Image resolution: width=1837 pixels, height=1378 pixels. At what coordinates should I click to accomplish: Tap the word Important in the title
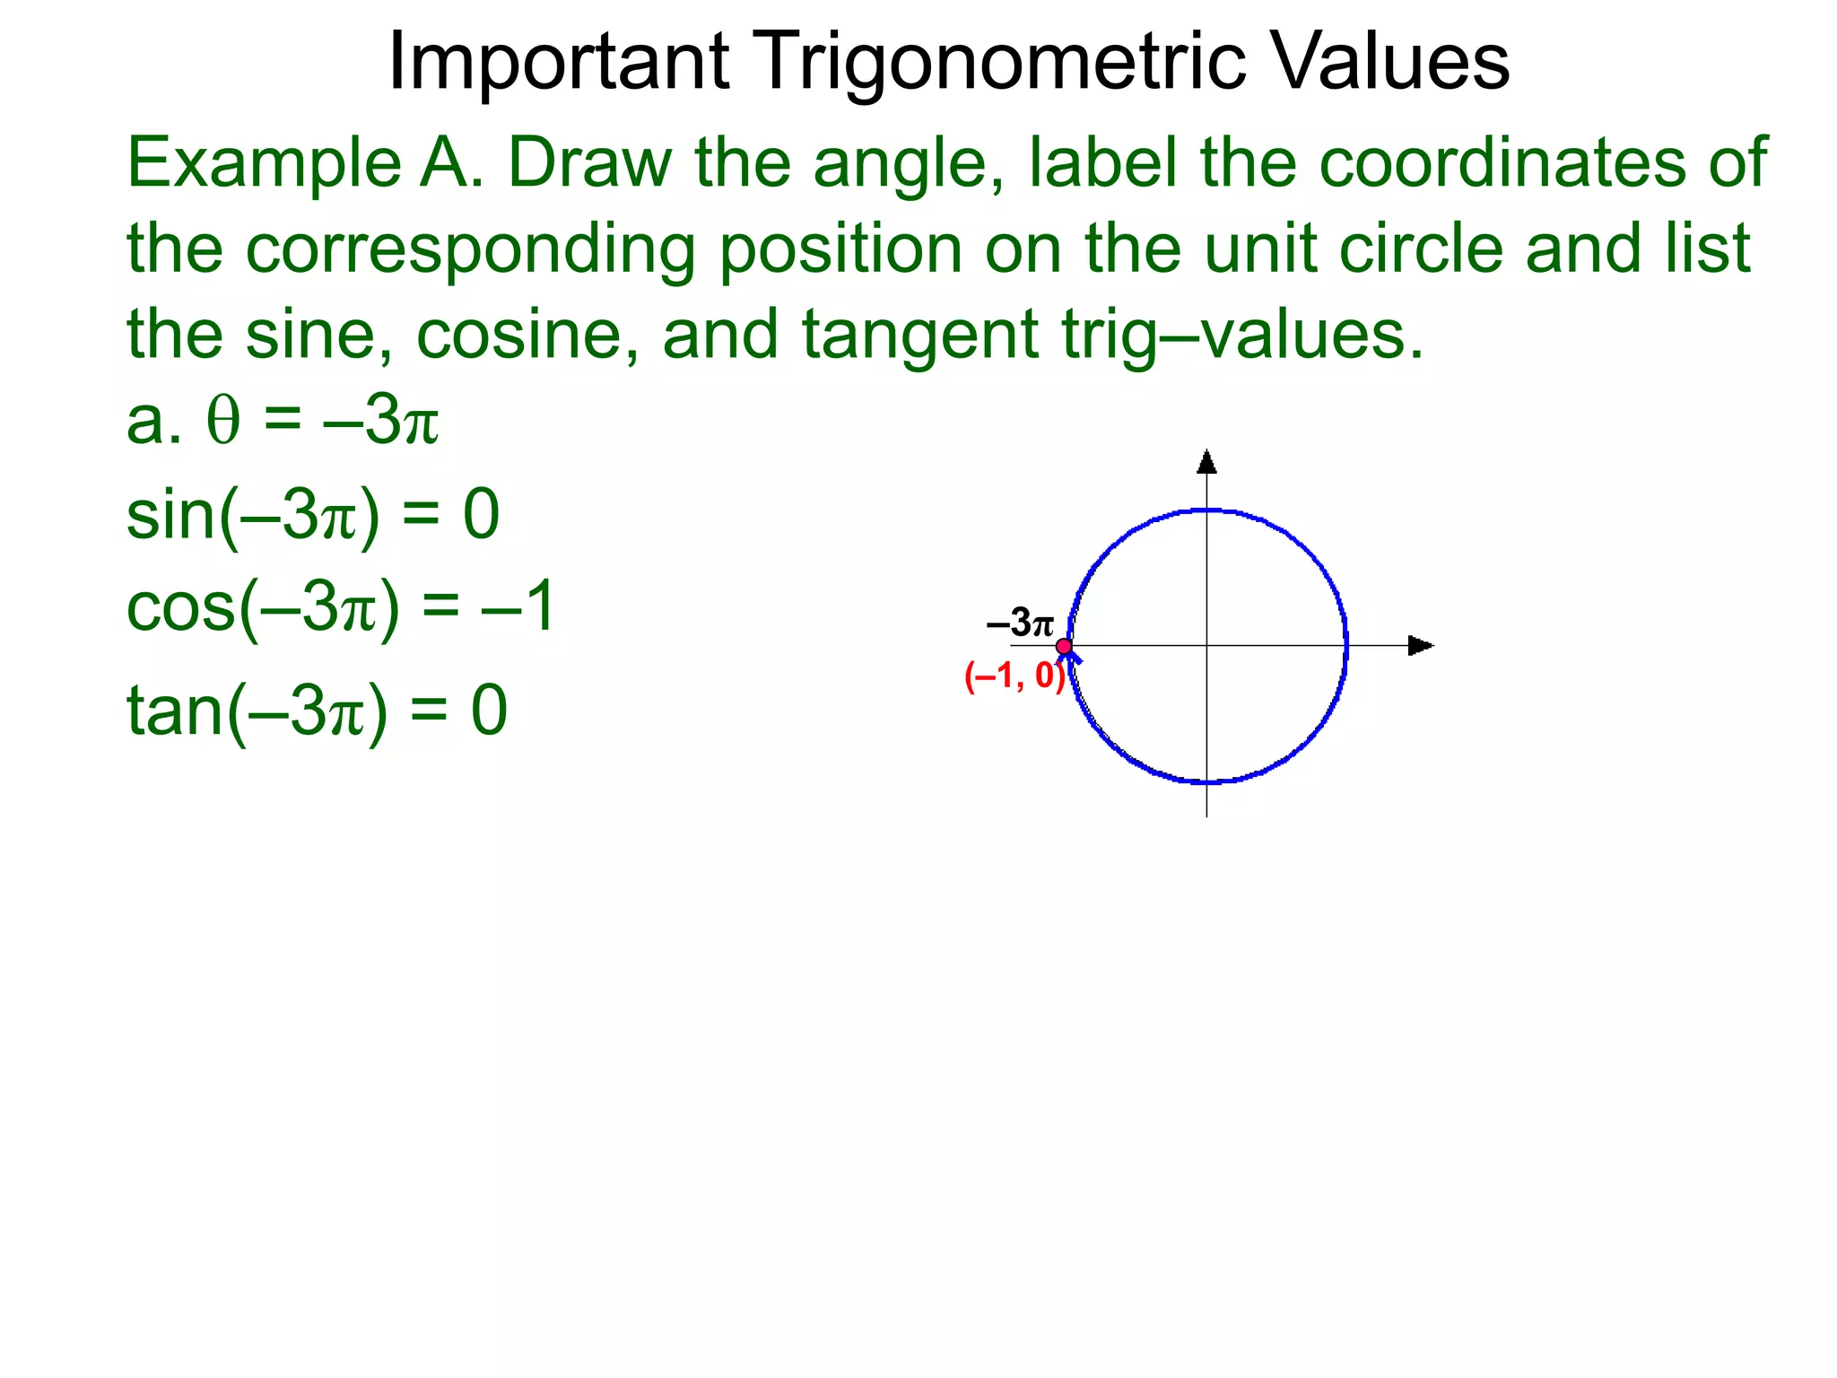(x=558, y=63)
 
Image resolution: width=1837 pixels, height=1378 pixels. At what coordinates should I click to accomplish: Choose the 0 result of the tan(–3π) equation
(x=490, y=710)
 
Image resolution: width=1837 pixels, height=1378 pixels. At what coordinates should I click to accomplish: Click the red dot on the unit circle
(x=1064, y=646)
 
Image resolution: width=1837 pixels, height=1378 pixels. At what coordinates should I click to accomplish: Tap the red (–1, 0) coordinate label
(x=1014, y=676)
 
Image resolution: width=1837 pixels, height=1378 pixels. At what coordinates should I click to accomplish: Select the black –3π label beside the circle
(x=1020, y=623)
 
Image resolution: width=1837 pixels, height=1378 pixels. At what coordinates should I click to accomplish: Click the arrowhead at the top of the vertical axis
(x=1207, y=462)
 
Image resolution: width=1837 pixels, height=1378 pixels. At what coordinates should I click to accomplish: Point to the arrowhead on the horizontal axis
(x=1420, y=645)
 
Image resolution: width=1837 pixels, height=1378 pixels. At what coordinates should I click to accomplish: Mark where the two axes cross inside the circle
(x=1207, y=645)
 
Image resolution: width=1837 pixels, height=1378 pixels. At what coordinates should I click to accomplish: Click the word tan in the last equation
(x=174, y=710)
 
